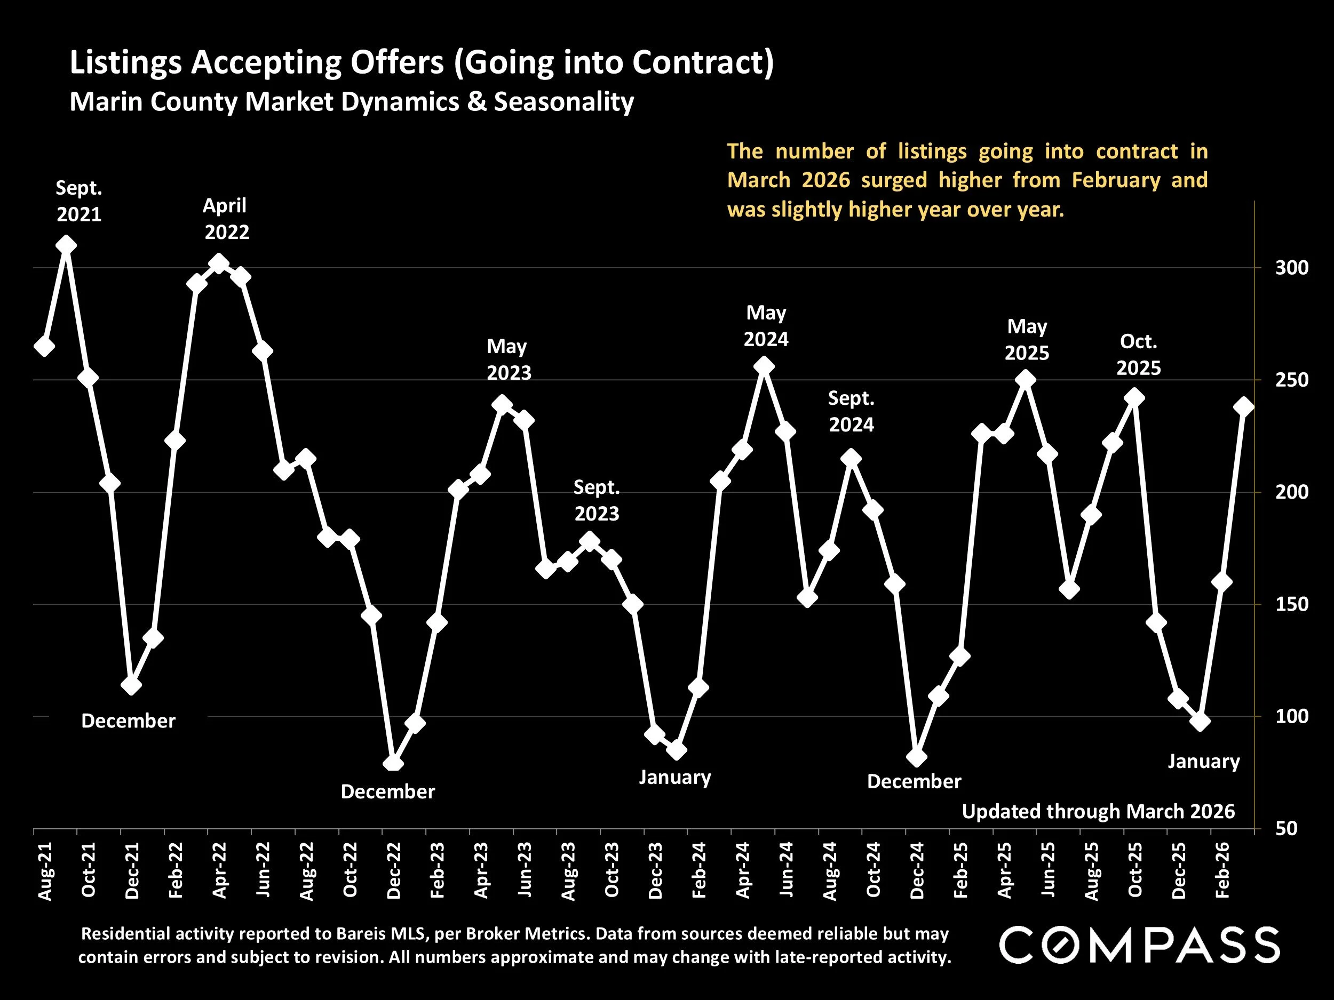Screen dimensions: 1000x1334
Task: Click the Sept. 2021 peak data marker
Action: tap(66, 245)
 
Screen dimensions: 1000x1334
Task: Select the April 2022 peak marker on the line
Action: tap(219, 264)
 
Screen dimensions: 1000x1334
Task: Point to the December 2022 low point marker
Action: tap(393, 763)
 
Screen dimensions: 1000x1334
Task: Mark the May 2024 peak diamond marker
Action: tap(764, 366)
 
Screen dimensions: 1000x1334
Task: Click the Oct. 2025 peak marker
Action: tap(1134, 398)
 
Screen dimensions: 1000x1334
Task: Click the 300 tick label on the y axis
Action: tap(1292, 268)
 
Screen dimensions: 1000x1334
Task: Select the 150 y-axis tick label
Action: tap(1292, 604)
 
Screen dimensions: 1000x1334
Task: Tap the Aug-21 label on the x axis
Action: tap(46, 871)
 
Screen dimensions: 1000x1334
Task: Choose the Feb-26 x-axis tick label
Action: tap(1223, 871)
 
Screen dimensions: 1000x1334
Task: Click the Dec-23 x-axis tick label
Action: tap(656, 871)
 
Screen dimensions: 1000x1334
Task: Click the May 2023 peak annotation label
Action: tap(509, 360)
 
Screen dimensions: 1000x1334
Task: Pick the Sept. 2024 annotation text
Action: tap(851, 412)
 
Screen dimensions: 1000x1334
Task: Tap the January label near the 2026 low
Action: tap(1204, 761)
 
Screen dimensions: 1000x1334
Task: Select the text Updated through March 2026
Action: tap(1098, 811)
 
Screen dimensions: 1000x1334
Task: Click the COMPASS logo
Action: tap(1139, 945)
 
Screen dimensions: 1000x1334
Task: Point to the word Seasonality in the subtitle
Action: tap(564, 102)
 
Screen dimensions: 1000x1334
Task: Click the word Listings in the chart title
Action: tap(125, 63)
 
